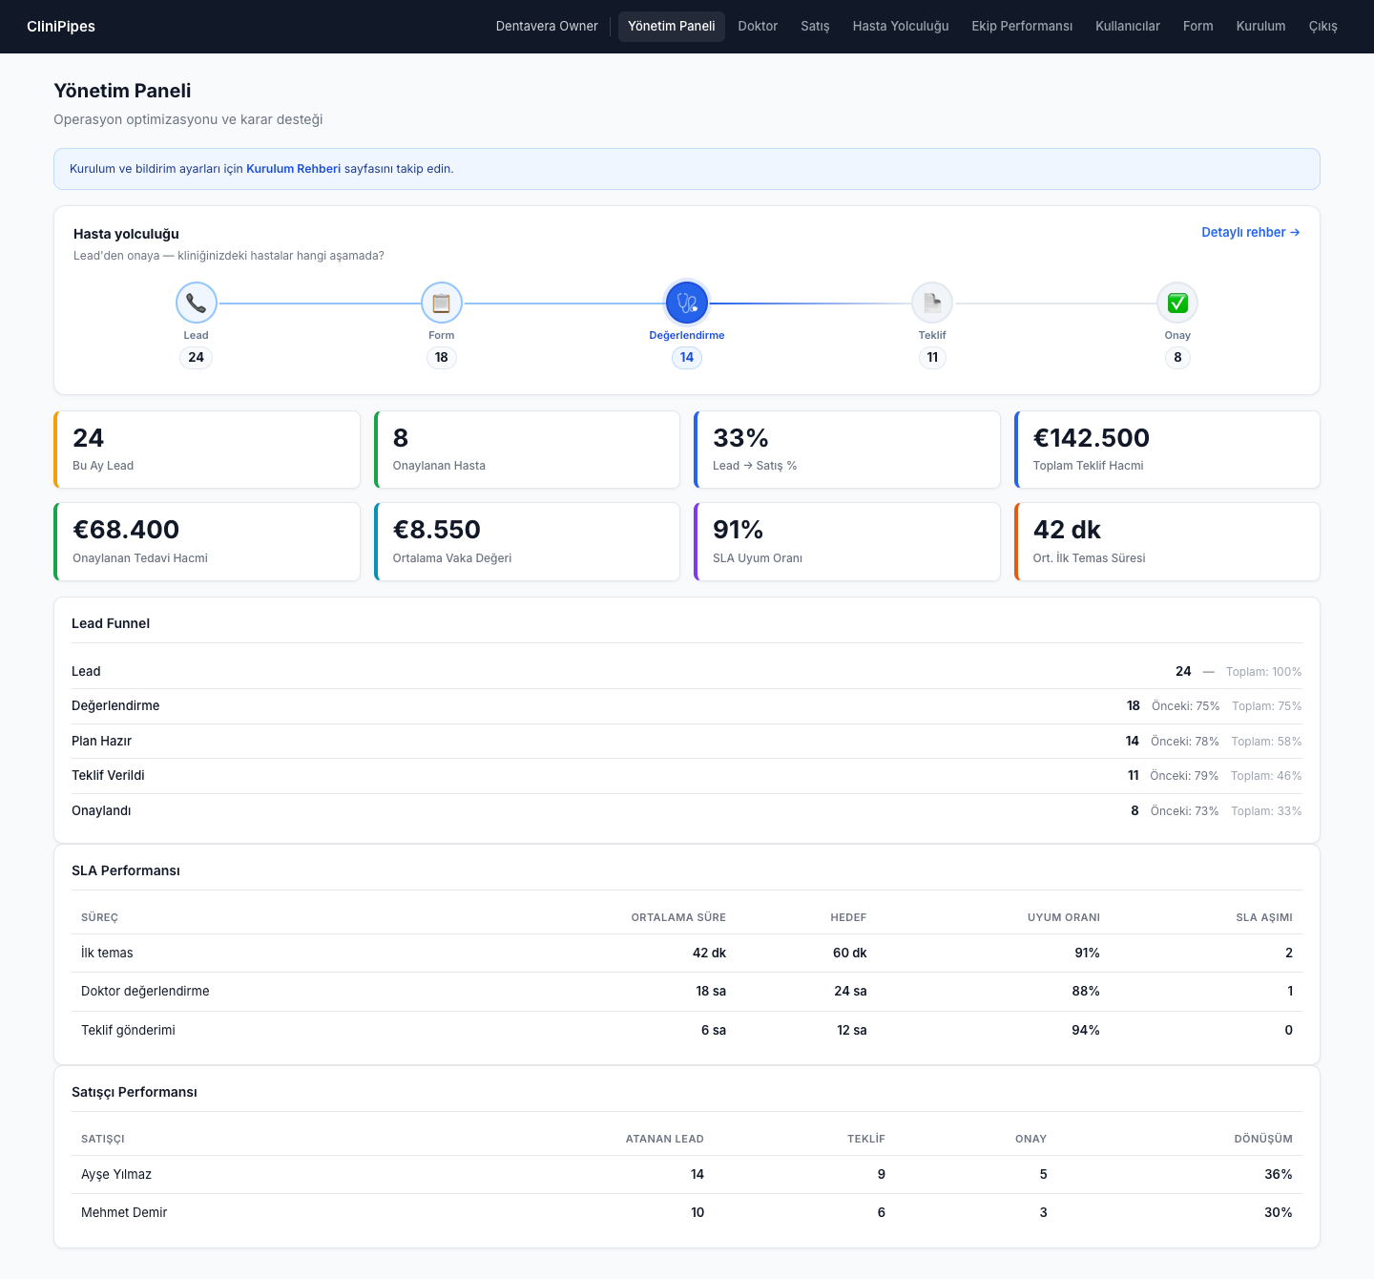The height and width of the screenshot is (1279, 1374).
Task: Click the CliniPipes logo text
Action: pyautogui.click(x=61, y=27)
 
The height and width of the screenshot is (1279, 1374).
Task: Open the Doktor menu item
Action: pyautogui.click(x=758, y=27)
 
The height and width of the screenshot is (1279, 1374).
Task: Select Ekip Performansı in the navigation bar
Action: pyautogui.click(x=1021, y=27)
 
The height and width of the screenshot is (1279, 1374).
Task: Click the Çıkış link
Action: pyautogui.click(x=1322, y=27)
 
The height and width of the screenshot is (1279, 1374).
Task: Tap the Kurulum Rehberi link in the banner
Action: pyautogui.click(x=293, y=168)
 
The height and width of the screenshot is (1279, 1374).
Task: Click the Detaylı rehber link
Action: pyautogui.click(x=1250, y=232)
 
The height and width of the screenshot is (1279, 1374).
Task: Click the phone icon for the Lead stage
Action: pyautogui.click(x=196, y=303)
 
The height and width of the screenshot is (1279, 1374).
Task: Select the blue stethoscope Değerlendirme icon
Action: pyautogui.click(x=686, y=303)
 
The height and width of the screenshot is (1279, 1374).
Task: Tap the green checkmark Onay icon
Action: pyautogui.click(x=1176, y=303)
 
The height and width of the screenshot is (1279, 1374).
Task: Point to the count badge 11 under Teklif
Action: pyautogui.click(x=932, y=357)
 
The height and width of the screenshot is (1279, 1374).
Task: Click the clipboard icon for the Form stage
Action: pyautogui.click(x=442, y=303)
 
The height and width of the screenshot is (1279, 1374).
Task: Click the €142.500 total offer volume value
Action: pyautogui.click(x=1091, y=437)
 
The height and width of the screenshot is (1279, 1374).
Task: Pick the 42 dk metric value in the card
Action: pyautogui.click(x=1066, y=530)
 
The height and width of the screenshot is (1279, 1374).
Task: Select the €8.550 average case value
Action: pyautogui.click(x=437, y=530)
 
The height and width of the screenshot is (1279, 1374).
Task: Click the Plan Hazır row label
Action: pyautogui.click(x=102, y=741)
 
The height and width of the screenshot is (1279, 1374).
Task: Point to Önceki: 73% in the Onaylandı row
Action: pyautogui.click(x=1184, y=810)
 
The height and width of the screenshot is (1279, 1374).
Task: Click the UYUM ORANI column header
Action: pyautogui.click(x=1063, y=917)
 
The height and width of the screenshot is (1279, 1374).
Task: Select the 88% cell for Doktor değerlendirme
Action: pyautogui.click(x=1086, y=991)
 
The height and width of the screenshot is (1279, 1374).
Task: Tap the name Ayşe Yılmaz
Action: pyautogui.click(x=116, y=1175)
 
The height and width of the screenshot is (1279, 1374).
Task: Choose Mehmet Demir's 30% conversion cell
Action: pyautogui.click(x=1278, y=1212)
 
